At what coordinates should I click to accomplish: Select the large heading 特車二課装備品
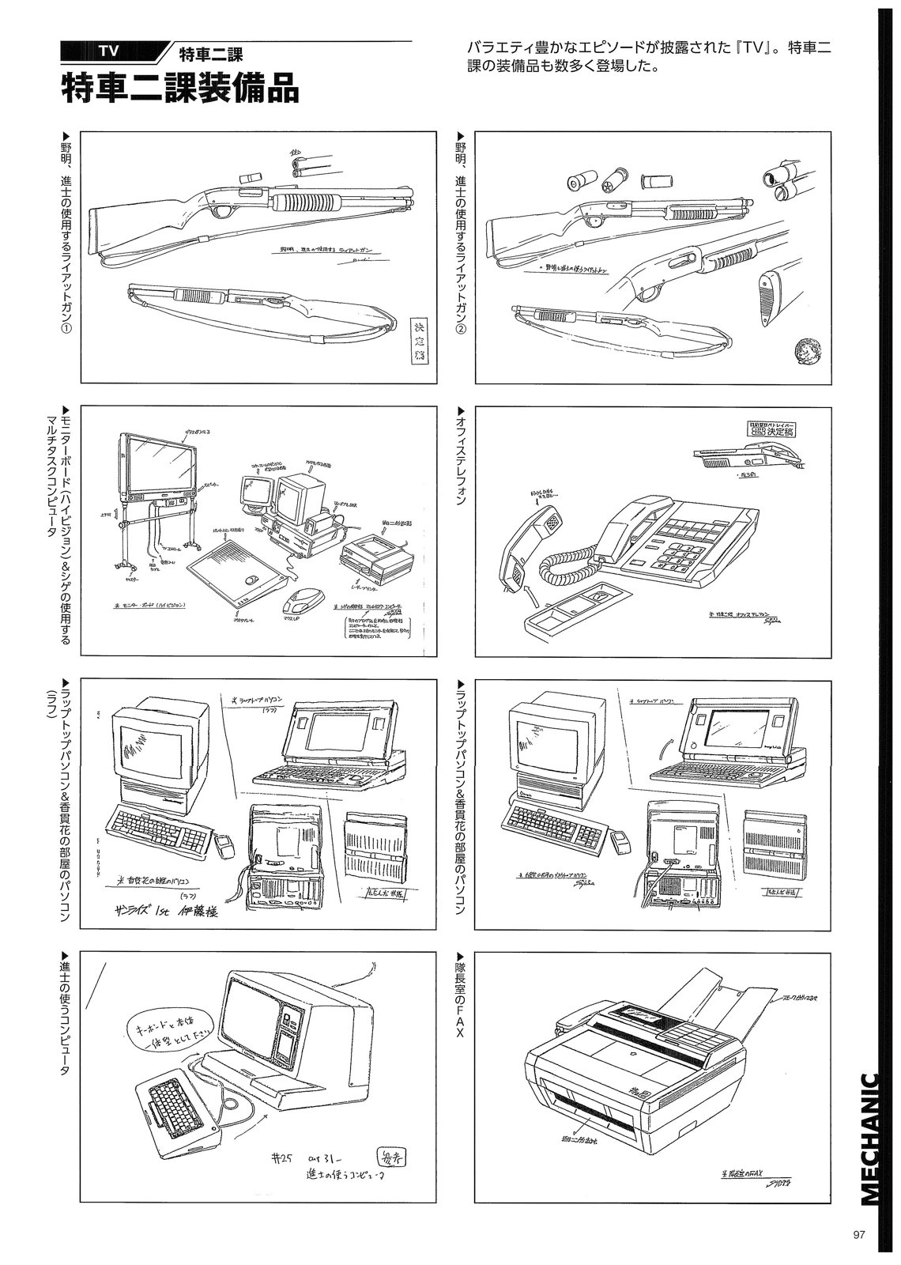pyautogui.click(x=181, y=88)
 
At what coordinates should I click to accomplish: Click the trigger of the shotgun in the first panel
pyautogui.click(x=230, y=212)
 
